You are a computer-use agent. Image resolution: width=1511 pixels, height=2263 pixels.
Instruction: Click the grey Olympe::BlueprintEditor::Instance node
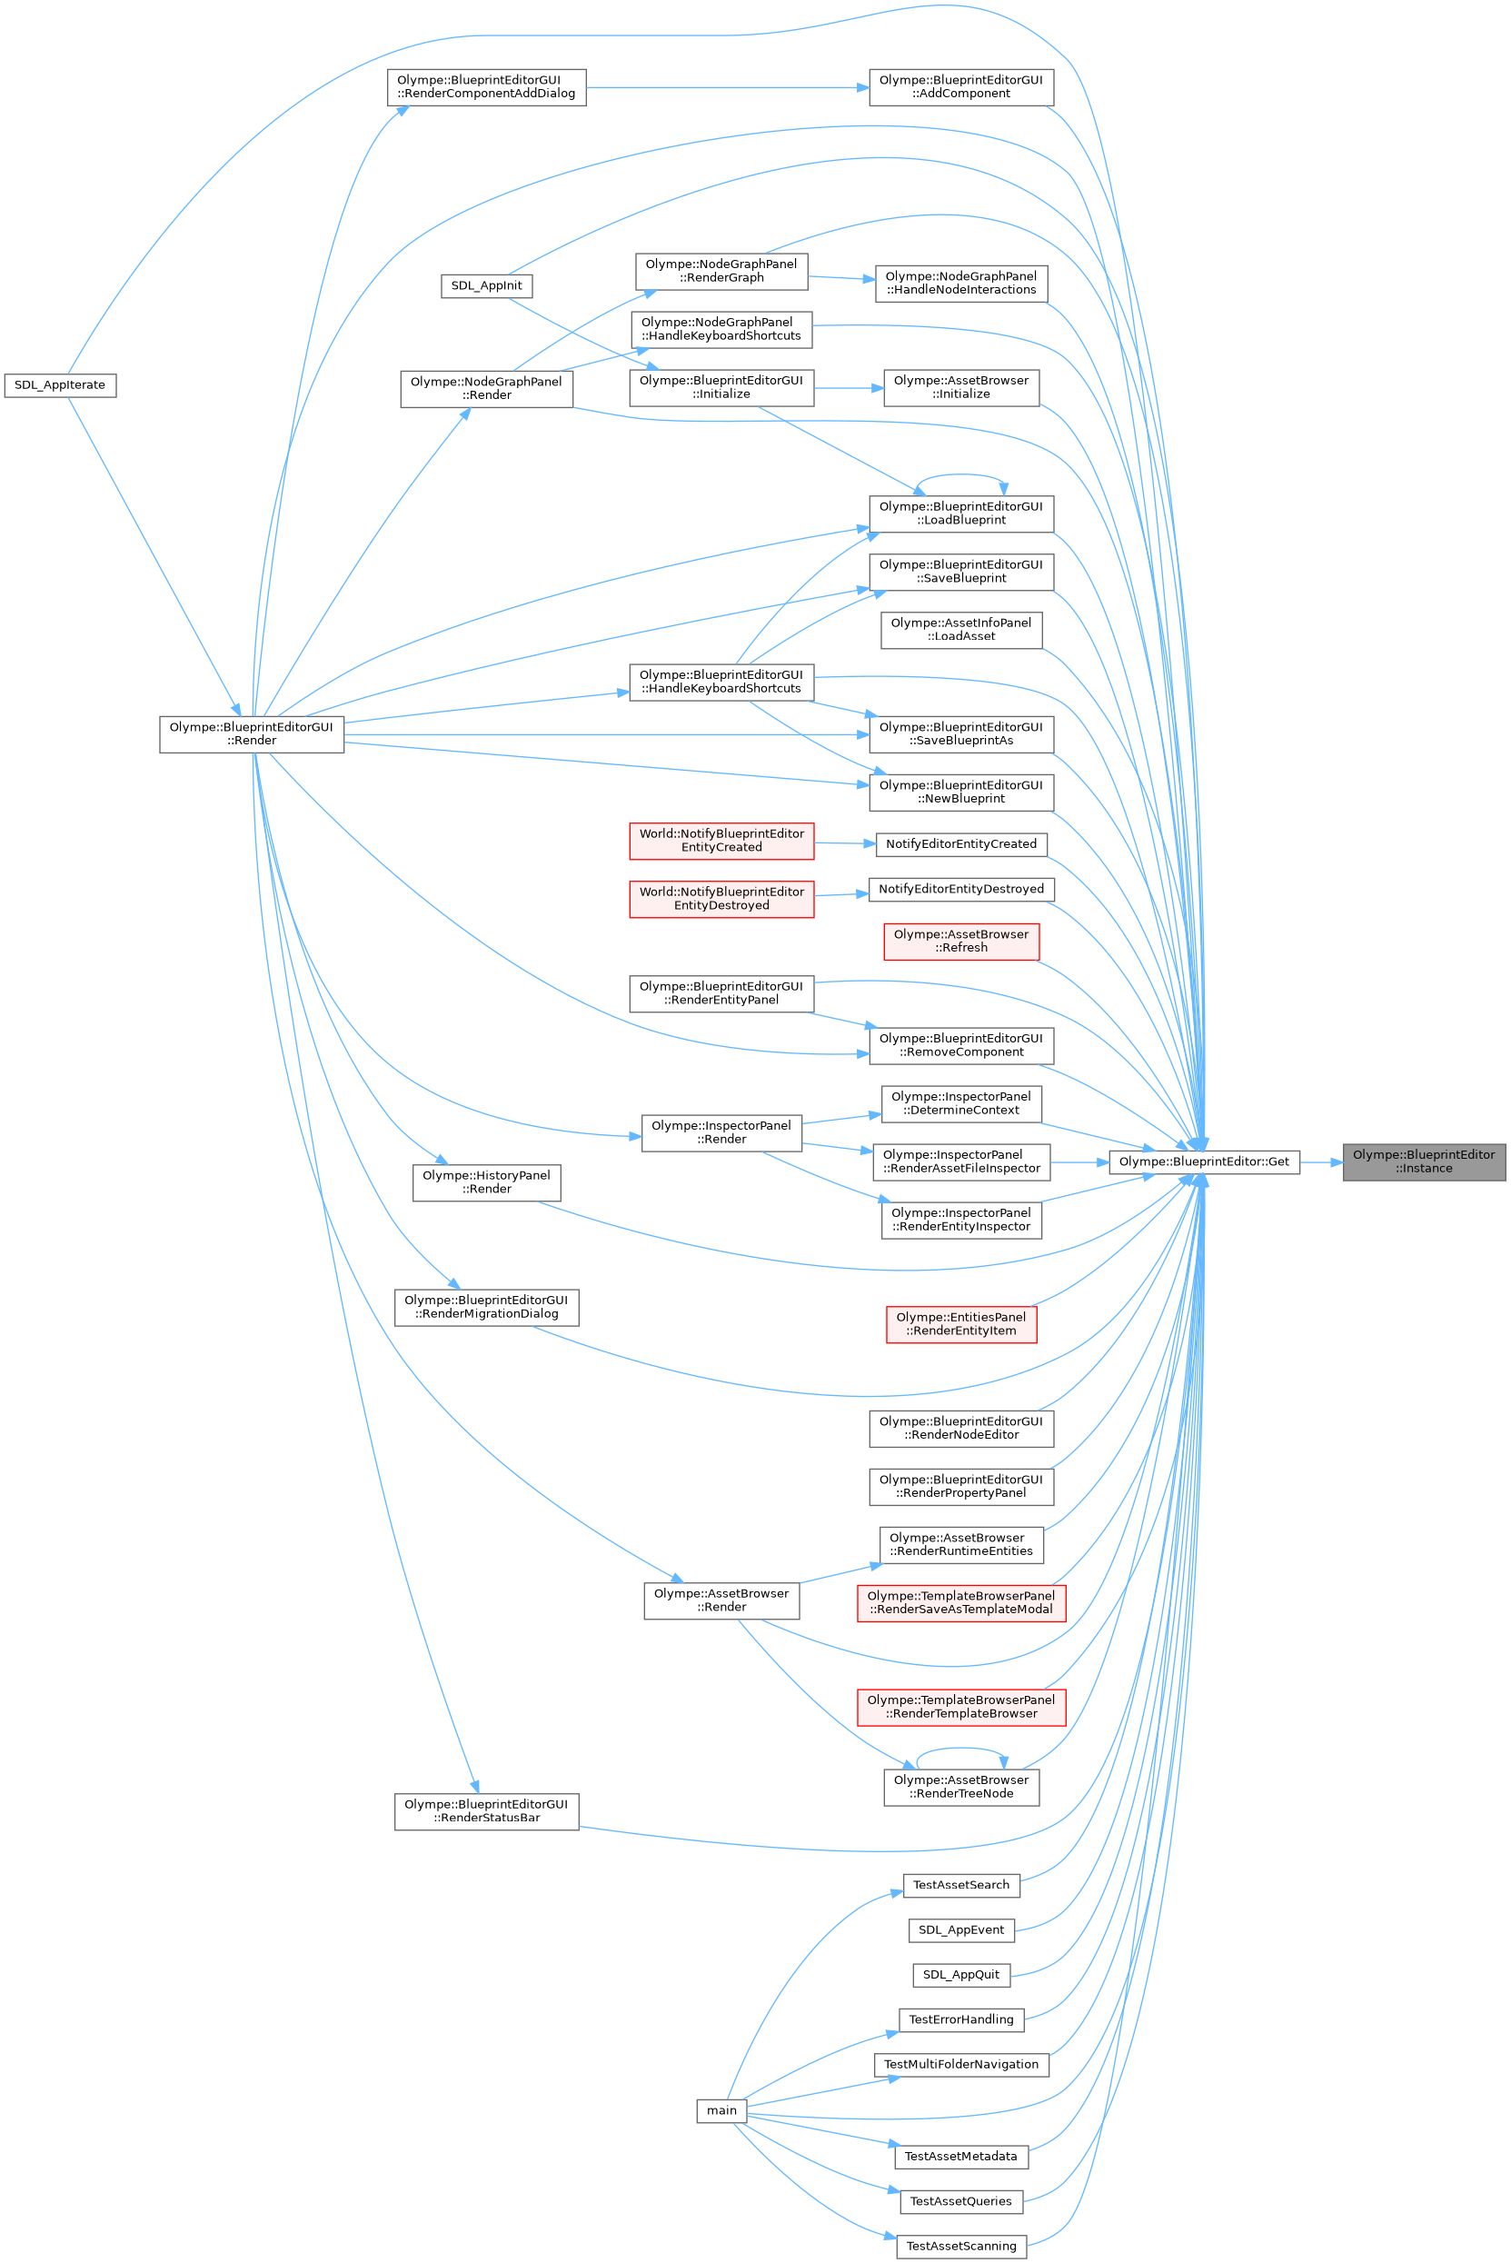pos(1423,1161)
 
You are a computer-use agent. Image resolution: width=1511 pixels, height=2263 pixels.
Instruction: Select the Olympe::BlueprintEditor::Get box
pos(1204,1161)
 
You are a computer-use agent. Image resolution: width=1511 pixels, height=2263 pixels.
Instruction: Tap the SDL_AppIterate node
pos(60,385)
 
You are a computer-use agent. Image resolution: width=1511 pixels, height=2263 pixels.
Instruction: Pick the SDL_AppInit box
pos(487,286)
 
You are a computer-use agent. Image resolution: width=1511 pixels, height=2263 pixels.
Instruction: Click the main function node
pos(721,2110)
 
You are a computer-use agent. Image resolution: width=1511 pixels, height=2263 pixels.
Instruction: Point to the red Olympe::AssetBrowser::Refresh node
pos(960,942)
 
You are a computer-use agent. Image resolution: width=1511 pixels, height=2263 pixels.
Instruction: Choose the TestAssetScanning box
pos(960,2246)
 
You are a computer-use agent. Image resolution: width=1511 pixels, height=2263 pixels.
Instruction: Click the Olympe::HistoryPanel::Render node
pos(487,1182)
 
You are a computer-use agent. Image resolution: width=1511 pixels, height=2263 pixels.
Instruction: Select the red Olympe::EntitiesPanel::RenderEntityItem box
pos(960,1324)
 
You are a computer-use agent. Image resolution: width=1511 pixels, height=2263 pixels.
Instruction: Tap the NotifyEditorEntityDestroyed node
pos(960,890)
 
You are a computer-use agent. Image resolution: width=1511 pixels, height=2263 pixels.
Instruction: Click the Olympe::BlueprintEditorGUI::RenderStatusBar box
pos(487,1811)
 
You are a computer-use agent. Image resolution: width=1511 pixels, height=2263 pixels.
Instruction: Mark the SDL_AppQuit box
pos(960,1975)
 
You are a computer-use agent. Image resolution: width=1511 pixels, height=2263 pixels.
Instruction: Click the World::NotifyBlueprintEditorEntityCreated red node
pos(721,841)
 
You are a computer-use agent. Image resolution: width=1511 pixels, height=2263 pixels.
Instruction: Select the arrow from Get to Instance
pos(1321,1162)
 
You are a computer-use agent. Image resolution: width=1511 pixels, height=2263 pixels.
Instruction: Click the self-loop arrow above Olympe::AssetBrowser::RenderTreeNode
pos(960,1750)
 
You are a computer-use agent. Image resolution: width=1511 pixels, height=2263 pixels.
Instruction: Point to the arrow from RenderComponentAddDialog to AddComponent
pos(727,88)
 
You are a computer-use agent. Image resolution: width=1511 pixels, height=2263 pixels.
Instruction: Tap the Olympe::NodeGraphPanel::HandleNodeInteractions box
pos(960,284)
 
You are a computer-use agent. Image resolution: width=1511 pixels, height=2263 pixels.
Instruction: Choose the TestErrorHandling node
pos(960,2019)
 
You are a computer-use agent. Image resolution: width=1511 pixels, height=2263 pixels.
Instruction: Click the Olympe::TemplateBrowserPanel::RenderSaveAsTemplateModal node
pos(960,1603)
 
